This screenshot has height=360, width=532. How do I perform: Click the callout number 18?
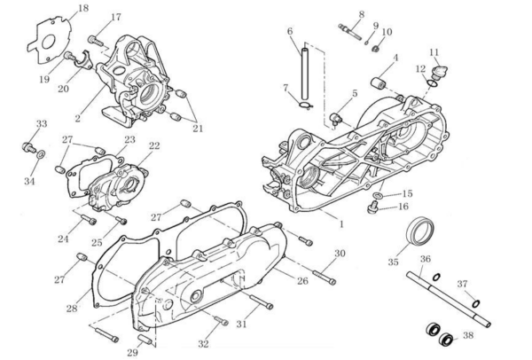point(83,9)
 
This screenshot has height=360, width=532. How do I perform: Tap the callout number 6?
point(289,32)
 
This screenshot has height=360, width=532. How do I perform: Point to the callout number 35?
point(394,262)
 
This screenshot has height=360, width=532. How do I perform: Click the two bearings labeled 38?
point(438,334)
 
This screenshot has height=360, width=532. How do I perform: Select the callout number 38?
point(469,335)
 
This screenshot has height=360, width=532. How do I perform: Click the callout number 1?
point(341,223)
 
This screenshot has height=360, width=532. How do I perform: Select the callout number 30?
point(339,254)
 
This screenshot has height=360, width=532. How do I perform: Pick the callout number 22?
point(154,146)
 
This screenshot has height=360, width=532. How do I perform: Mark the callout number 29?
point(132,353)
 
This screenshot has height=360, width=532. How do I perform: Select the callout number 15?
point(407,193)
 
